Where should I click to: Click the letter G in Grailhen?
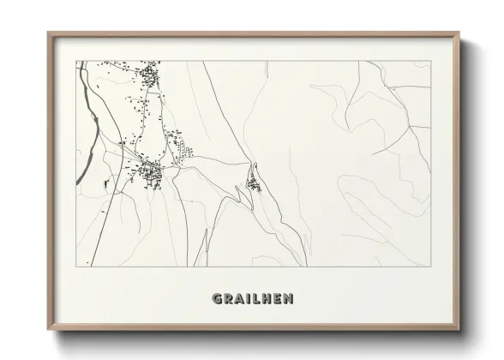tap(215, 299)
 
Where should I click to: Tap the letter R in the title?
tap(227, 299)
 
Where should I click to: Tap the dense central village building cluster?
tap(153, 174)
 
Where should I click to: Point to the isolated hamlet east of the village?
tap(254, 182)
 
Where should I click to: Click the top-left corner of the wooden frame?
tap(48, 33)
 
